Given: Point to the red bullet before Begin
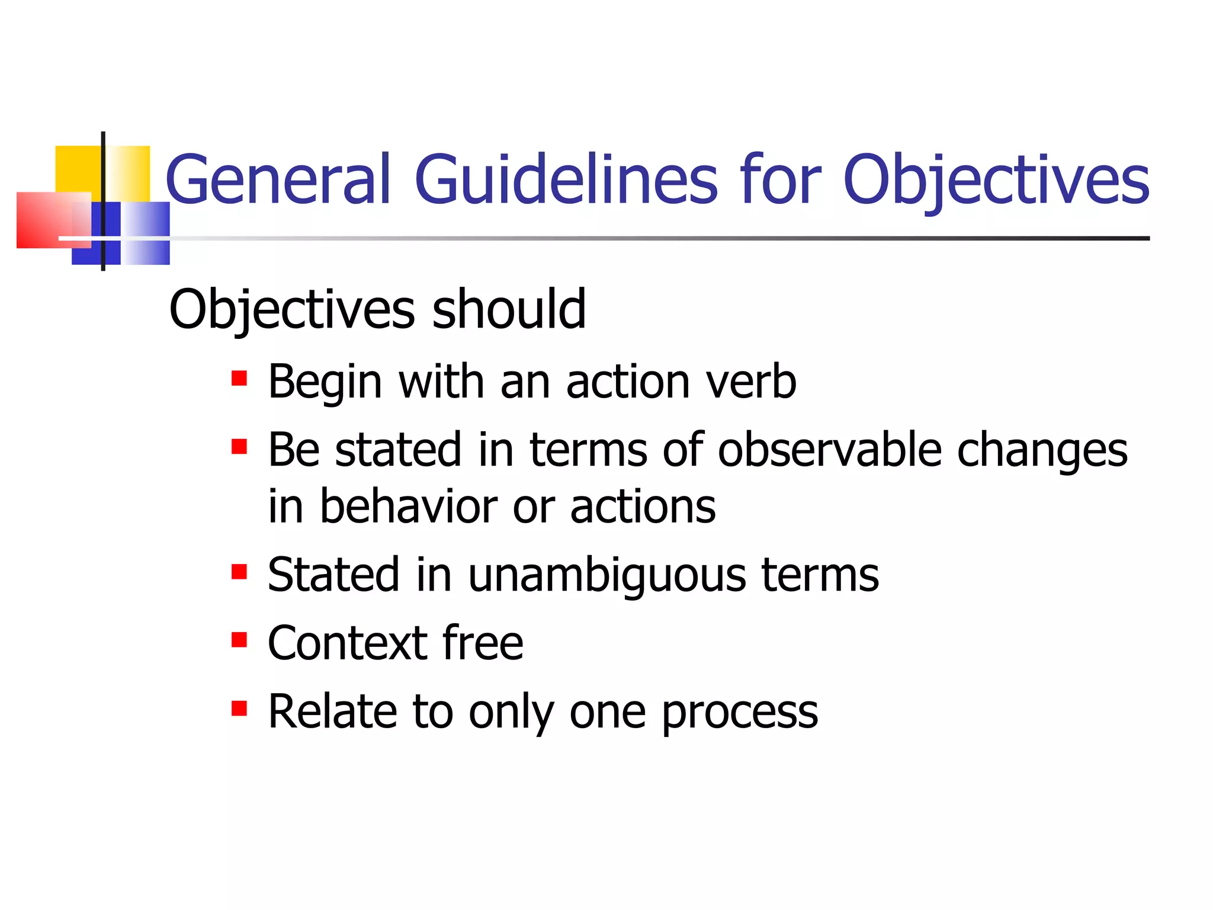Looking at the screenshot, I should pyautogui.click(x=239, y=378).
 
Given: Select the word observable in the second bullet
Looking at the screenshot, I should pyautogui.click(x=829, y=450).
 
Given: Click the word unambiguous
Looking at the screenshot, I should pyautogui.click(x=607, y=575).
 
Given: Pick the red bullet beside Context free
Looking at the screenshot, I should pyautogui.click(x=239, y=640).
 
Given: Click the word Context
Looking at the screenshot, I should pyautogui.click(x=347, y=643).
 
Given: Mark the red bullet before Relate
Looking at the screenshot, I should pyautogui.click(x=239, y=708).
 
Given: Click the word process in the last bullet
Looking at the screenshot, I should pyautogui.click(x=740, y=713).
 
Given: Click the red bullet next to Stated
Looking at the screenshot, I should pyautogui.click(x=239, y=572).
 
